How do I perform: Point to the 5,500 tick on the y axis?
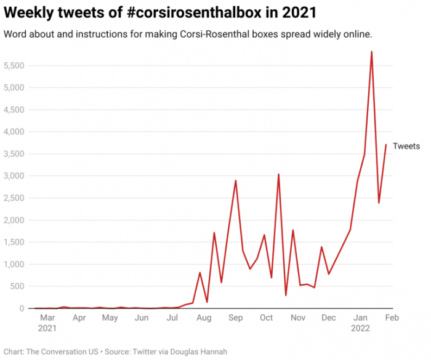(14, 65)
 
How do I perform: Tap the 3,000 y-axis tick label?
(14, 176)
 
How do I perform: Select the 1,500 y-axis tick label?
(14, 242)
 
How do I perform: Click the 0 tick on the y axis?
(22, 308)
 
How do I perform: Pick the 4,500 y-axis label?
(14, 110)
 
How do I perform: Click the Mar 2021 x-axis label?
(47, 323)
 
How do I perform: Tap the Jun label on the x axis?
(142, 318)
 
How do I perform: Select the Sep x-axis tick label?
(235, 318)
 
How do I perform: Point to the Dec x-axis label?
(329, 318)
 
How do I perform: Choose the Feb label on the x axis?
(392, 318)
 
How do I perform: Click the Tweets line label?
(406, 146)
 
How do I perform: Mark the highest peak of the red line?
(371, 52)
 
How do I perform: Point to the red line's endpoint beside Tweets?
(386, 145)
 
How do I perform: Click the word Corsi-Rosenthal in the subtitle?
(207, 34)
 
